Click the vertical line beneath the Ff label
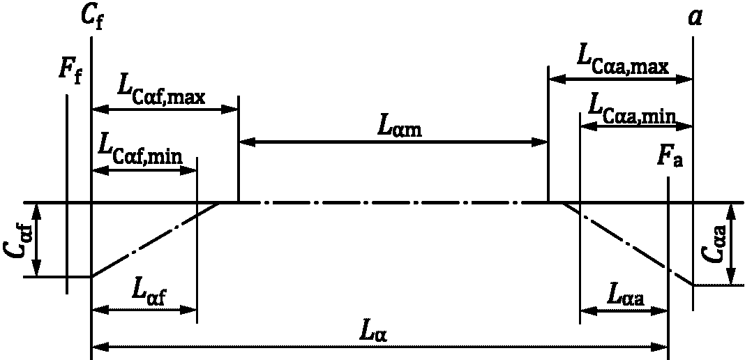(x=67, y=194)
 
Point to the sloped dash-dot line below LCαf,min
(x=156, y=239)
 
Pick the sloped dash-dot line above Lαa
(x=627, y=243)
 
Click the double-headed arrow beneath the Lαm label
(x=393, y=142)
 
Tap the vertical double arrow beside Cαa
(x=732, y=243)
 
